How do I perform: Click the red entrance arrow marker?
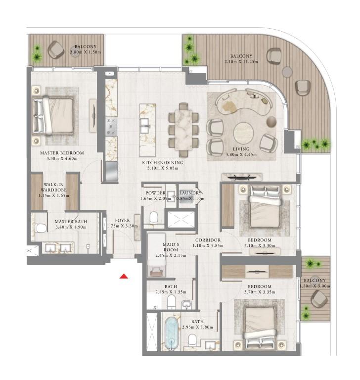click(x=124, y=276)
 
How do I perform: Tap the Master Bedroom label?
click(x=62, y=153)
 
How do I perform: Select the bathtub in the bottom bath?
click(x=172, y=333)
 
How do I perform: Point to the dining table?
click(x=183, y=130)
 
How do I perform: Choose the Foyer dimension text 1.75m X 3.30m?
click(x=122, y=226)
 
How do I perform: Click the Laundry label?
click(x=190, y=193)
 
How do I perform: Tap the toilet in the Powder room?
click(x=154, y=218)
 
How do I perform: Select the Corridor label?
click(x=208, y=240)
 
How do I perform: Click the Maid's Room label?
click(x=171, y=247)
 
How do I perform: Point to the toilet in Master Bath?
click(x=41, y=228)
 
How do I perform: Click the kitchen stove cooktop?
click(x=111, y=126)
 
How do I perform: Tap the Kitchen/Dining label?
click(x=163, y=162)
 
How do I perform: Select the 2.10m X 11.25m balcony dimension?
click(x=241, y=61)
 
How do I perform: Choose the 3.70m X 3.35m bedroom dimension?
click(x=260, y=292)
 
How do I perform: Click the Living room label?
click(x=241, y=149)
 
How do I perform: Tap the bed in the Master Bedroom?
click(x=53, y=115)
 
